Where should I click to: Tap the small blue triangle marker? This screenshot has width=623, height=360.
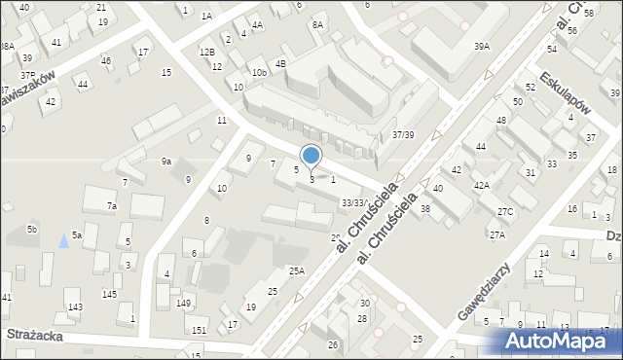coord(64,239)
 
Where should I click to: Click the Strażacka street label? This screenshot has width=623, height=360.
coord(36,334)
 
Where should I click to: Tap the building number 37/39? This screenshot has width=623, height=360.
coord(403,134)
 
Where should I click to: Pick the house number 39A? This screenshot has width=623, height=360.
coord(481,46)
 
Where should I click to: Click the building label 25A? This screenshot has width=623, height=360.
coord(296,271)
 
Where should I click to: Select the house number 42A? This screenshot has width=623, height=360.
coord(481,184)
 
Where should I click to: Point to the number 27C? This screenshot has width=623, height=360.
coord(504,211)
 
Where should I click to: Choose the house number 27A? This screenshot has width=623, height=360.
coord(497,234)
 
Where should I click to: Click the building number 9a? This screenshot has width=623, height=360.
coord(166,162)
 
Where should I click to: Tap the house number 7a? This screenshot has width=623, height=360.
coord(112,206)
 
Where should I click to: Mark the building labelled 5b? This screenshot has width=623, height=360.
coord(32,230)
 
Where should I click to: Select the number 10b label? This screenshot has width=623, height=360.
coord(258,72)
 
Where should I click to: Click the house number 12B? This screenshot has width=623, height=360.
coord(206,52)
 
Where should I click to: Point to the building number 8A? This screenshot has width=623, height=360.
coord(317,24)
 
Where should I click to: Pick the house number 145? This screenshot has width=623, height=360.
coord(110,294)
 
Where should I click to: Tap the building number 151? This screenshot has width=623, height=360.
coord(199,331)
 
